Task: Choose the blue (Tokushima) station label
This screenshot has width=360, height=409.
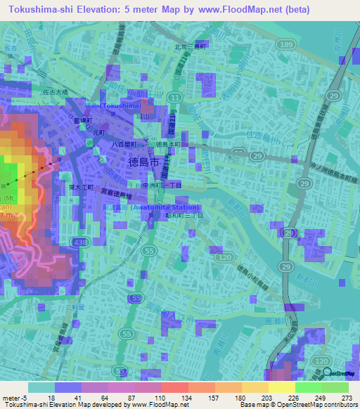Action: click(x=112, y=105)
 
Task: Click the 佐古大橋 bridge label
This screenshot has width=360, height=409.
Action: click(x=55, y=91)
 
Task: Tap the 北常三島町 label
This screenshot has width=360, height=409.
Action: click(x=191, y=47)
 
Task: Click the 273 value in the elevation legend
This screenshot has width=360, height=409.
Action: click(x=345, y=396)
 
